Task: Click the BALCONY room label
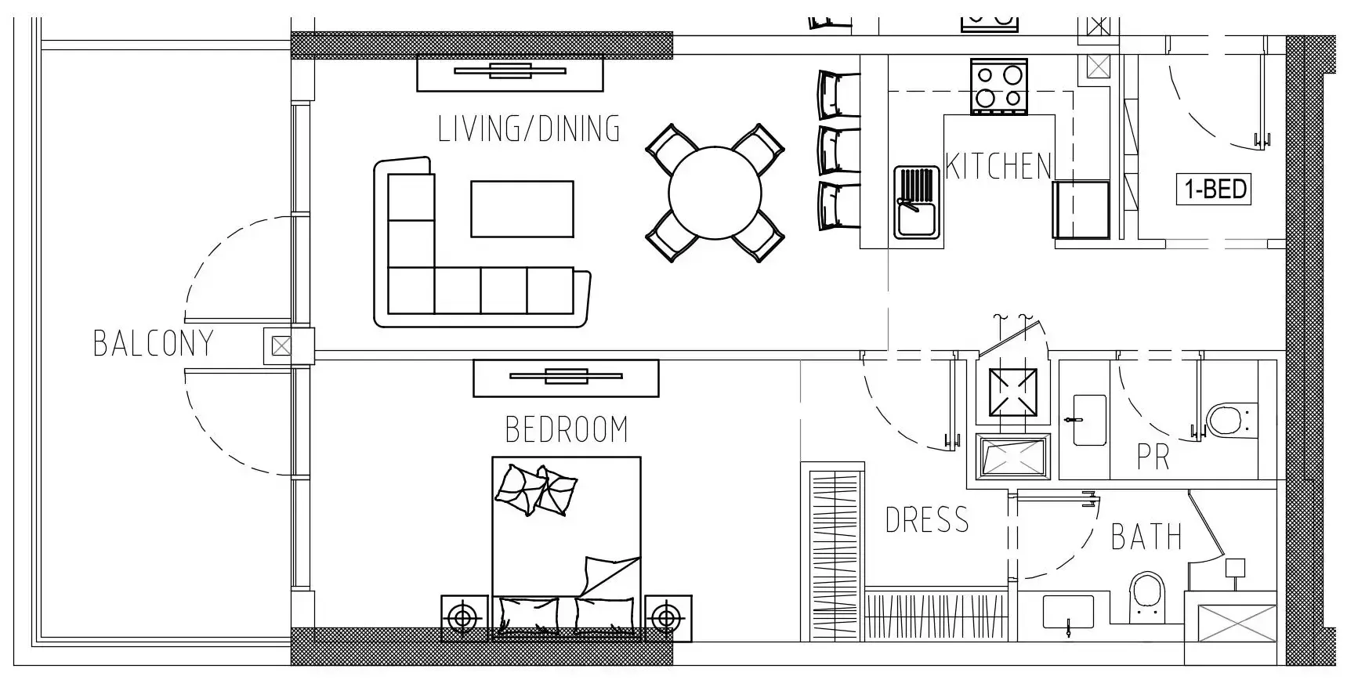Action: coord(154,344)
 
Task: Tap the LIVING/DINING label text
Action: coord(529,129)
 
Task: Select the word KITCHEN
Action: coord(998,166)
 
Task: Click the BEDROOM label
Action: coord(567,429)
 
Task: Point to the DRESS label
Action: coord(927,520)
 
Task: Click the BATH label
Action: coord(1146,537)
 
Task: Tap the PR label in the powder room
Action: coord(1153,458)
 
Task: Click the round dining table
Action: coord(715,193)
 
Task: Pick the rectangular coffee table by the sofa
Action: coord(522,209)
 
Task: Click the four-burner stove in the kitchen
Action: coord(999,86)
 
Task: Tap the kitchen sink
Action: coord(917,202)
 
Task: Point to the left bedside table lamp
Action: coord(464,619)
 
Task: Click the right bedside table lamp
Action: coord(667,619)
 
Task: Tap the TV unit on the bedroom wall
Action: coord(566,378)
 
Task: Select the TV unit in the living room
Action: coord(510,73)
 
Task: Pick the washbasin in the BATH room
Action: coord(1068,612)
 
